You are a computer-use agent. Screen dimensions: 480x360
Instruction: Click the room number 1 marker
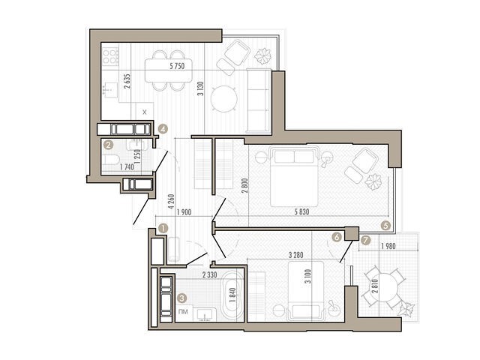click(163, 228)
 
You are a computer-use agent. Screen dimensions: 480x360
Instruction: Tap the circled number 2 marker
click(108, 144)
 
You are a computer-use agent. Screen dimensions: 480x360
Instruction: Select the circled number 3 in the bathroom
click(182, 298)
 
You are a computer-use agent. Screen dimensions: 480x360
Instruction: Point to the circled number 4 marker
click(163, 129)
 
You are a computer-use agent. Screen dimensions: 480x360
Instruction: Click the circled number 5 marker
click(385, 226)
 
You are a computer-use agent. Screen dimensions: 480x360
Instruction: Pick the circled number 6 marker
click(337, 237)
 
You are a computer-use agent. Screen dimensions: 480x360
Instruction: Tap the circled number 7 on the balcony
click(365, 240)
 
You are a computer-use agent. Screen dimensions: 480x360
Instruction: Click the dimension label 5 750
click(177, 65)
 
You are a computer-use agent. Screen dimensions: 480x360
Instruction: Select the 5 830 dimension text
click(301, 211)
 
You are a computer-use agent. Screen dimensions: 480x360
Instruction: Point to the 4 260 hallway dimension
click(171, 202)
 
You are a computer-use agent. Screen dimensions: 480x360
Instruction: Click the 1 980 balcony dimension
click(388, 246)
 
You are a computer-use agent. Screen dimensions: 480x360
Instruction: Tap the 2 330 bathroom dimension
click(210, 274)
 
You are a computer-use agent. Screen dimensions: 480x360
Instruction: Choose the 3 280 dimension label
click(296, 255)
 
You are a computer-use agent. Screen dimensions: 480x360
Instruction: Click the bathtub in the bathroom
click(233, 296)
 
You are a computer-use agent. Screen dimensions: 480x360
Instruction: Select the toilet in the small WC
click(110, 160)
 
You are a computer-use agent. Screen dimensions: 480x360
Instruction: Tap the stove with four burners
click(110, 56)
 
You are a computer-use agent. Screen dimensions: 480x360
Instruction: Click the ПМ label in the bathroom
click(183, 312)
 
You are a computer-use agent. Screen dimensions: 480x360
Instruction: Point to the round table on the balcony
click(385, 288)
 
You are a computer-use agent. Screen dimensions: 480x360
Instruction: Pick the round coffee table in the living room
click(224, 99)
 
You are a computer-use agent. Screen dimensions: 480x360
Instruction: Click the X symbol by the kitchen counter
click(145, 112)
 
